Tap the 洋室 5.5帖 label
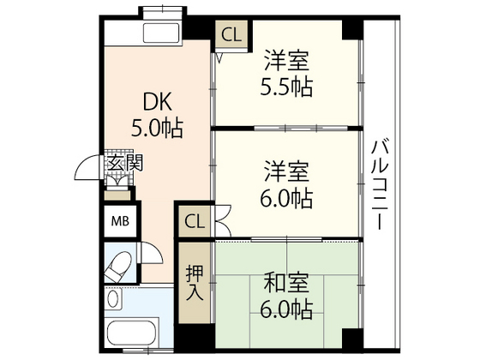286,75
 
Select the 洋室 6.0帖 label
286,185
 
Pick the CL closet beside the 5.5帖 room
230,35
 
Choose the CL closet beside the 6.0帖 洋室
195,222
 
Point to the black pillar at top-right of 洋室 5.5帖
351,29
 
